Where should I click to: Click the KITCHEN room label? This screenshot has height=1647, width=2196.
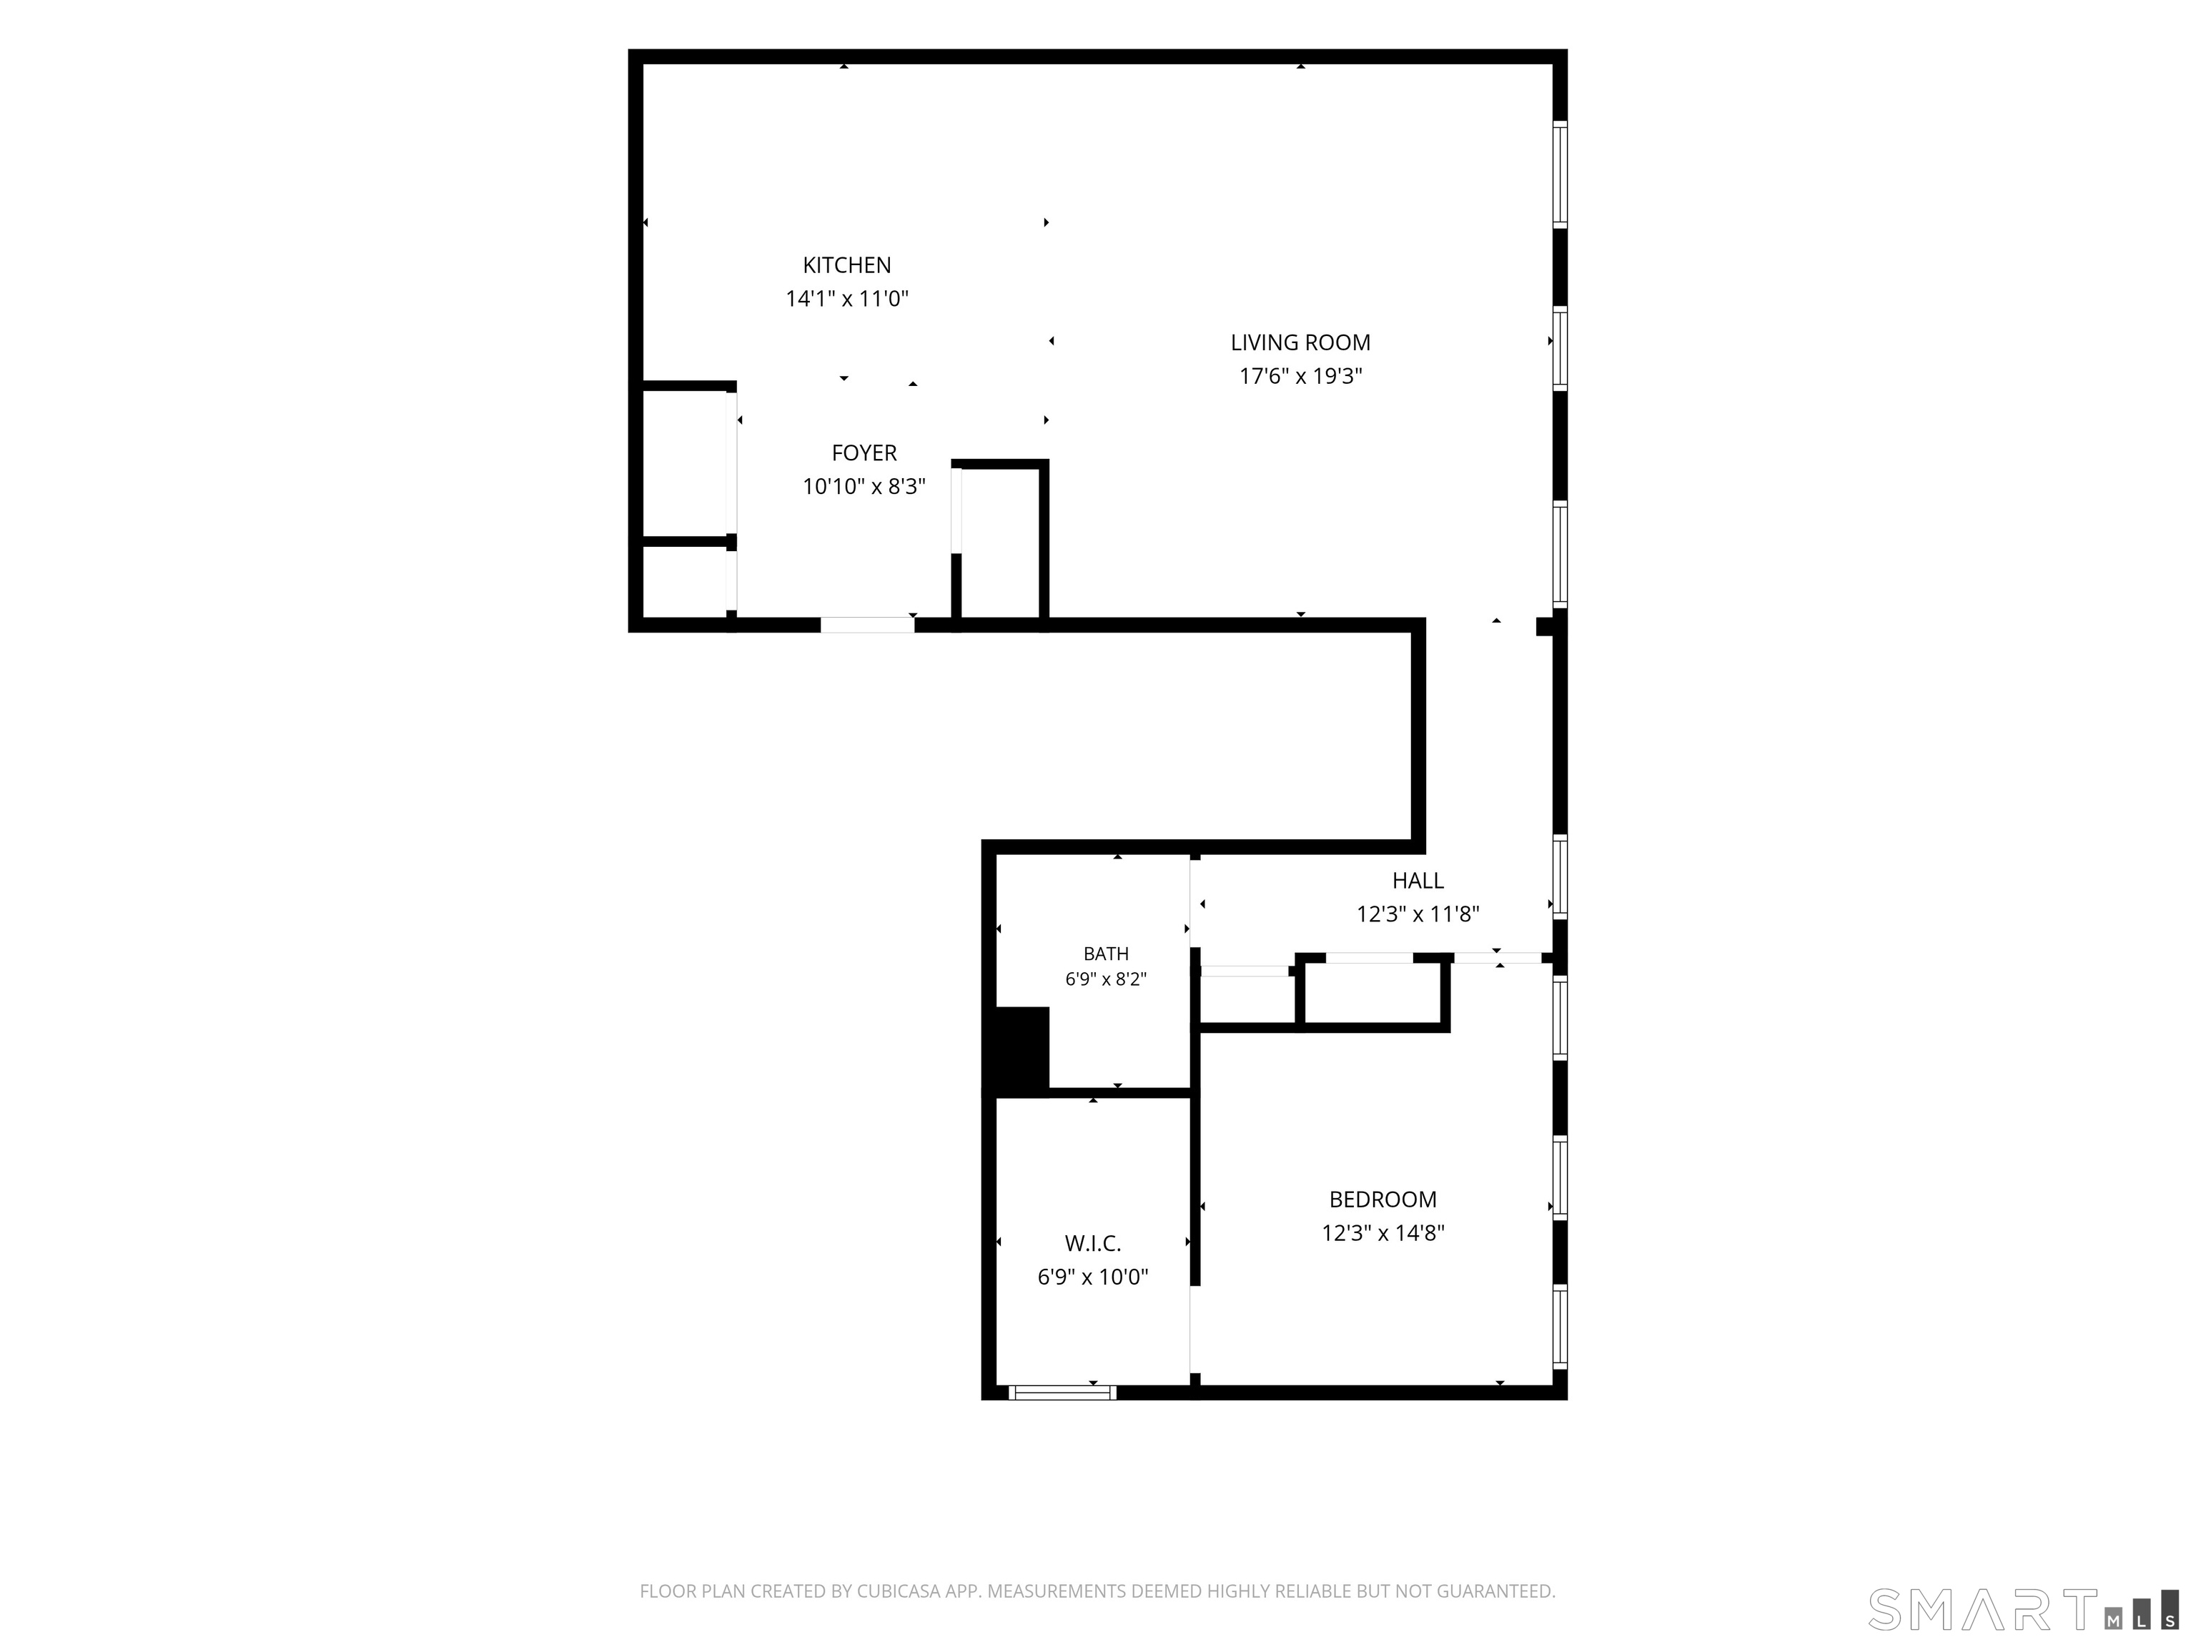847,265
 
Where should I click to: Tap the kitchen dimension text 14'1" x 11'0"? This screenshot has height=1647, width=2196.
847,299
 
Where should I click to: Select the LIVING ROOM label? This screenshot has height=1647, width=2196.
1300,342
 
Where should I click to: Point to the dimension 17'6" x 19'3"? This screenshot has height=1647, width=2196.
1300,376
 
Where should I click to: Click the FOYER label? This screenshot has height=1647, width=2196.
864,452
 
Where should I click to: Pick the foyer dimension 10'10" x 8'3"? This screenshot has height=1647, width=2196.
864,487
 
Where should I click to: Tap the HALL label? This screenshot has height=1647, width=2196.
1418,881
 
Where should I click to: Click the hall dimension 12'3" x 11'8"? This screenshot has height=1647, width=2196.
1418,914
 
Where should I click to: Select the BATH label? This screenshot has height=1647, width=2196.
1106,954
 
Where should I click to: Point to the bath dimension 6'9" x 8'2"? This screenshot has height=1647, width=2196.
1106,979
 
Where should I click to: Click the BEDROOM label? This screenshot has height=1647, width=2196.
1383,1200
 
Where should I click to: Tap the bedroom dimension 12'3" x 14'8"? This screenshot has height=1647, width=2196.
1383,1233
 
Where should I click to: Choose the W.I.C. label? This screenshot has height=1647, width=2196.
1093,1243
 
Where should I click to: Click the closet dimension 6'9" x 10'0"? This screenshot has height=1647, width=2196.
1093,1277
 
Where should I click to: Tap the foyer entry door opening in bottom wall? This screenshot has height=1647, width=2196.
866,625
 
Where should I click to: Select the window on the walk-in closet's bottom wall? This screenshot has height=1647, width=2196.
1062,1392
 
